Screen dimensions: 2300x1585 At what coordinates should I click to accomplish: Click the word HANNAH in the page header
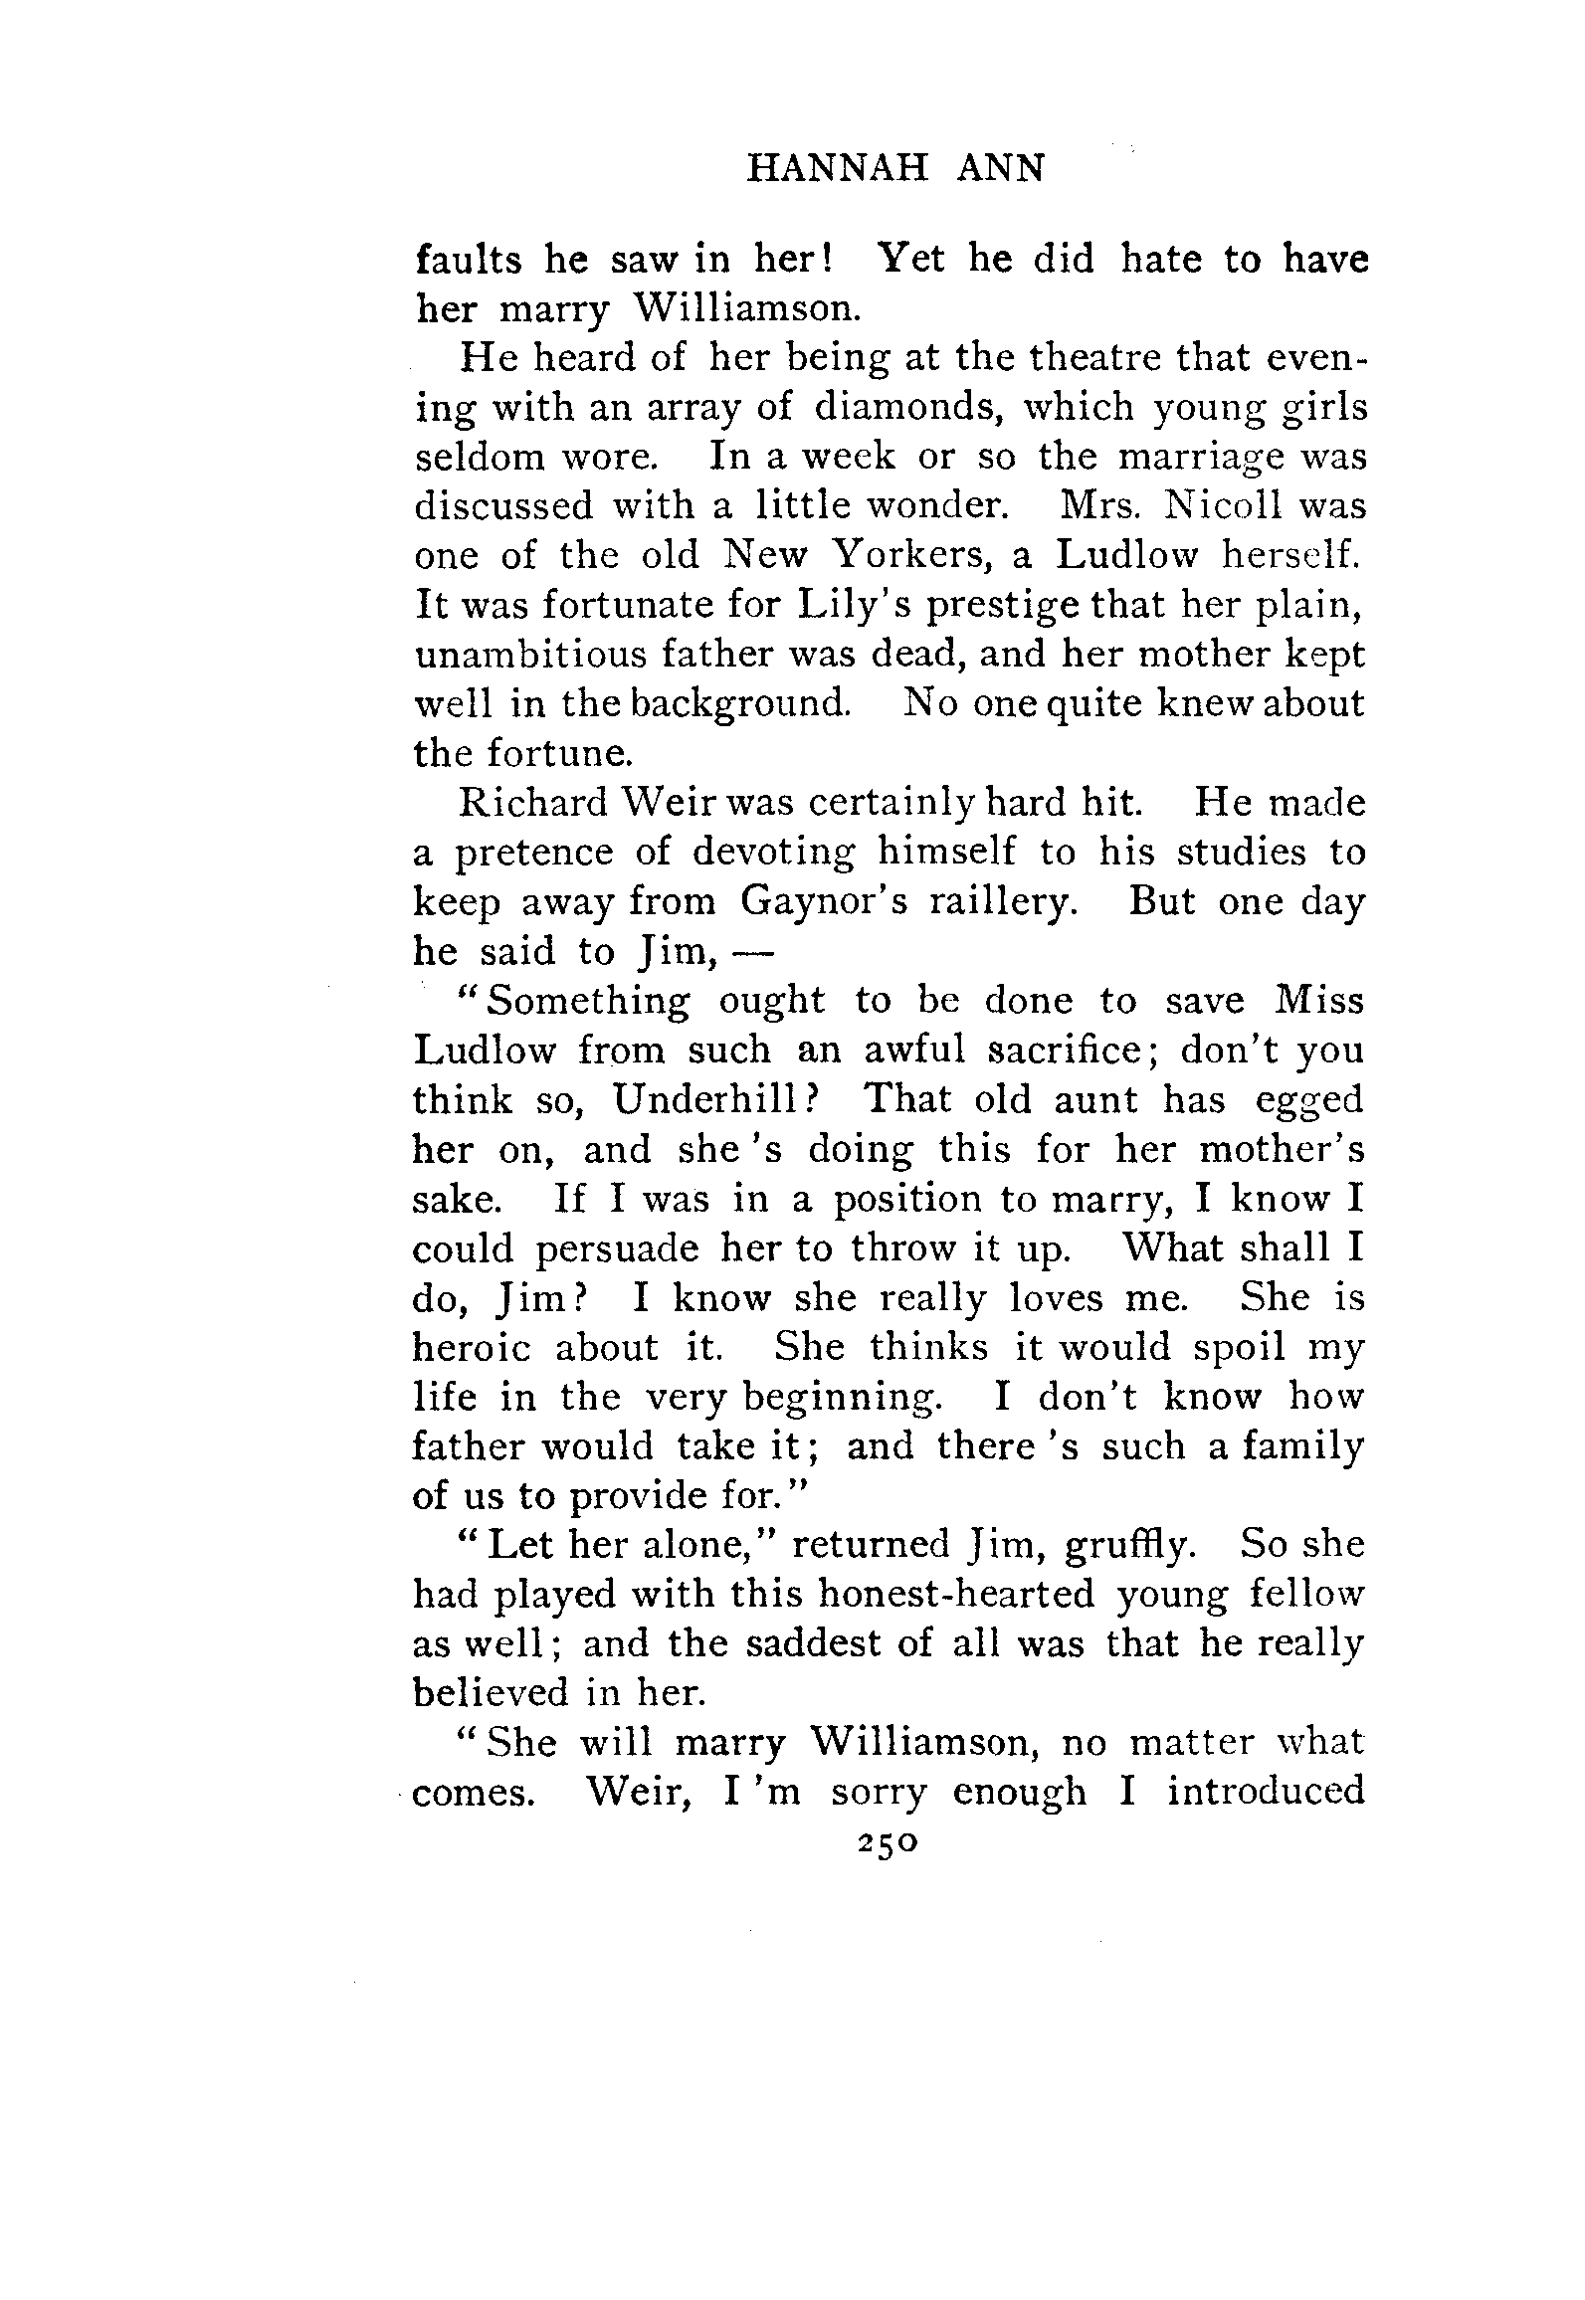tap(838, 169)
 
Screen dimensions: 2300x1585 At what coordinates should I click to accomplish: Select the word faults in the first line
tap(468, 260)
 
